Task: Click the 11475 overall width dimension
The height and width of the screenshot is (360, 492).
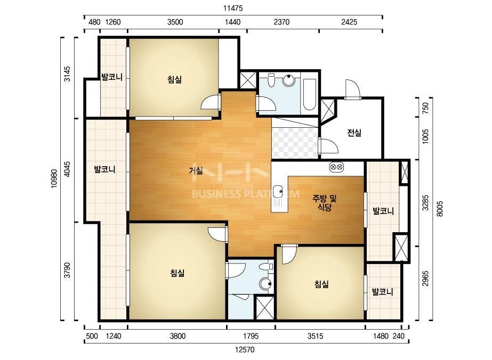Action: pos(233,8)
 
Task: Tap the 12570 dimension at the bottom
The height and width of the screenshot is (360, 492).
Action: pos(245,349)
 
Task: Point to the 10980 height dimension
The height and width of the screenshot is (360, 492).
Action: pos(54,179)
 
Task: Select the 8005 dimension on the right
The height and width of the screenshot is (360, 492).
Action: pos(440,209)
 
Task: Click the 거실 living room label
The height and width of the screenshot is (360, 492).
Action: pos(196,171)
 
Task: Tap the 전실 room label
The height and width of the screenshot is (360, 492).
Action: pos(354,133)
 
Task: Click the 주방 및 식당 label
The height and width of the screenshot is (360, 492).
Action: pos(325,202)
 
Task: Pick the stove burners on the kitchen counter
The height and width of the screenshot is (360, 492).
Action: pos(336,167)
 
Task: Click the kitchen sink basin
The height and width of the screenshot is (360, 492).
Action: pos(278,191)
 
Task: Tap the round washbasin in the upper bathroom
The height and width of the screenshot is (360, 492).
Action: pos(288,80)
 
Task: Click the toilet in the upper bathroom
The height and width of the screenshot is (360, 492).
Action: pos(271,80)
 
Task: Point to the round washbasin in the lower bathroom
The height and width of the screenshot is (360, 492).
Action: pos(266,284)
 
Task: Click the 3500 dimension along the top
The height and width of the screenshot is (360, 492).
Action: pos(175,22)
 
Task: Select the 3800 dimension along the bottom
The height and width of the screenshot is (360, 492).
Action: pos(178,337)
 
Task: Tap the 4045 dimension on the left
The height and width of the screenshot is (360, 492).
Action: pos(67,169)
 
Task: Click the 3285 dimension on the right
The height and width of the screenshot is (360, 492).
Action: pos(425,203)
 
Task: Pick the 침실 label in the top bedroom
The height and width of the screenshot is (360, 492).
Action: pos(175,80)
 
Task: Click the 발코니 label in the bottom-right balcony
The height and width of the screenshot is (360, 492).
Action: pos(383,292)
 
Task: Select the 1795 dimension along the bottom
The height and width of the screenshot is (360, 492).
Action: pos(251,337)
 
